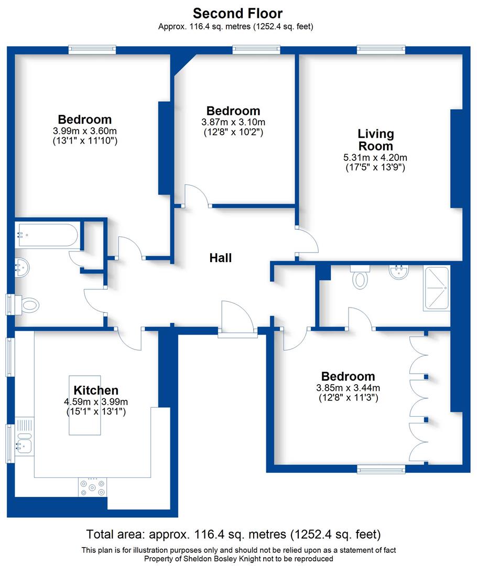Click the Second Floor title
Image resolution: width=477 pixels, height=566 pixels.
(x=238, y=13)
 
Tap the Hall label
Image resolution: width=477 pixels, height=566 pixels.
(x=220, y=258)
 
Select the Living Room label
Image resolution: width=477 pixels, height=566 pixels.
(x=375, y=140)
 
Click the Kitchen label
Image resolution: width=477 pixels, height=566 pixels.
(x=96, y=390)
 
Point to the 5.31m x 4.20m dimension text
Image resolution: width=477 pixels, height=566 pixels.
(x=375, y=157)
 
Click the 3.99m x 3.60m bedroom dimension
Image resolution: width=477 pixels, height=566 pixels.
(x=84, y=130)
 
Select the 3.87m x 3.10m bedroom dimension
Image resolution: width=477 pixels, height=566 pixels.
(x=233, y=122)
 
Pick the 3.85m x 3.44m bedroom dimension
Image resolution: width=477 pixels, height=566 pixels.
(x=348, y=388)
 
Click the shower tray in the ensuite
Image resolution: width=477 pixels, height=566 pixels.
(x=437, y=288)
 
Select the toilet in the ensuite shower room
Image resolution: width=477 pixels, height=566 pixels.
(x=360, y=278)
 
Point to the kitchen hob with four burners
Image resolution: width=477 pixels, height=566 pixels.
(x=93, y=487)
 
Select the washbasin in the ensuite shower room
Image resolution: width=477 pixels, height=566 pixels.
(x=399, y=273)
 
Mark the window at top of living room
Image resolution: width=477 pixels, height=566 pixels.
(x=381, y=50)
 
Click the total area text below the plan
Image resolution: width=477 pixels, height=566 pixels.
(x=233, y=535)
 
